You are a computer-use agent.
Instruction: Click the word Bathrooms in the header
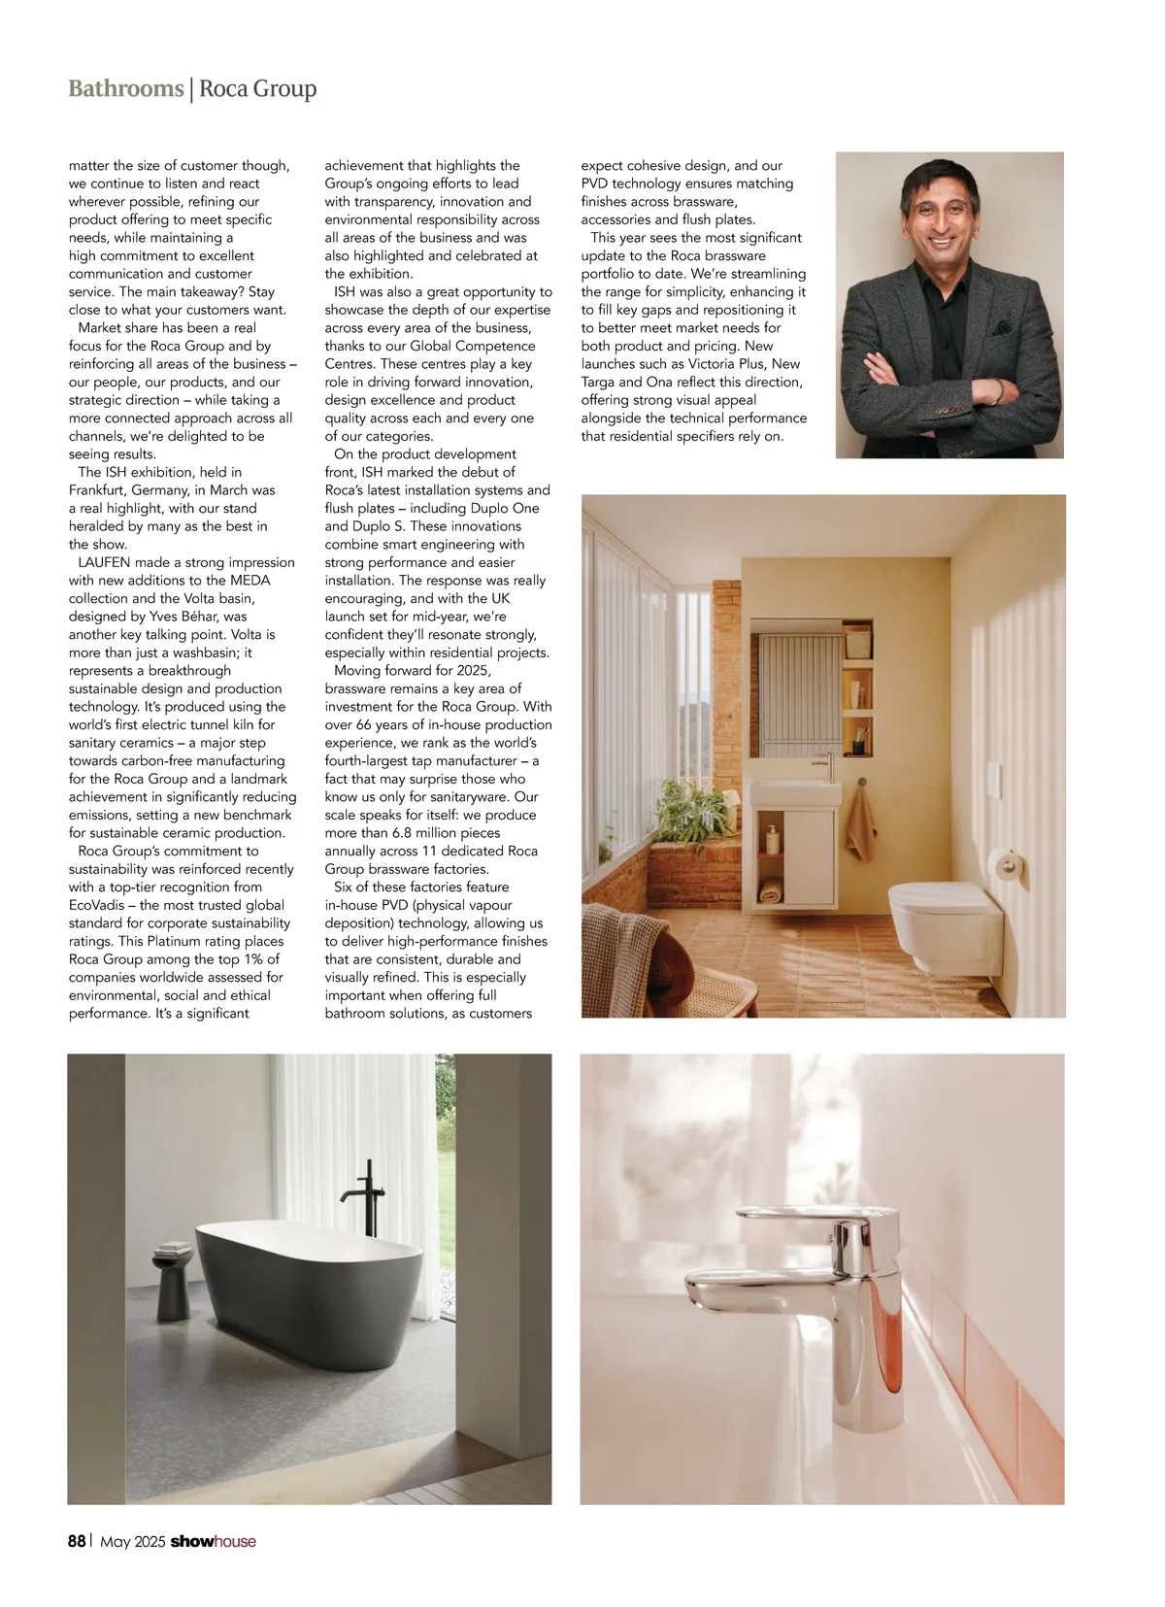click(125, 89)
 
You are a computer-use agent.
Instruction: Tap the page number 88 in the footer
click(77, 1541)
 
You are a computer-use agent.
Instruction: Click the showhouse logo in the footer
click(213, 1541)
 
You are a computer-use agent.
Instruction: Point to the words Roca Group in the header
click(258, 89)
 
